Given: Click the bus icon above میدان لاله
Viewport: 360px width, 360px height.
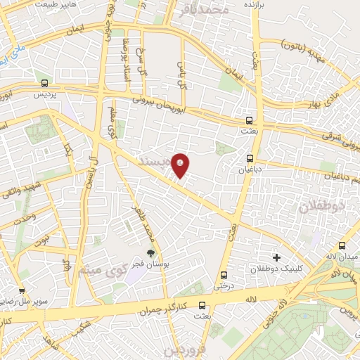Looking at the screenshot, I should (x=342, y=246).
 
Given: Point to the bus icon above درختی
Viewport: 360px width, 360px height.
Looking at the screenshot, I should (x=224, y=275).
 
